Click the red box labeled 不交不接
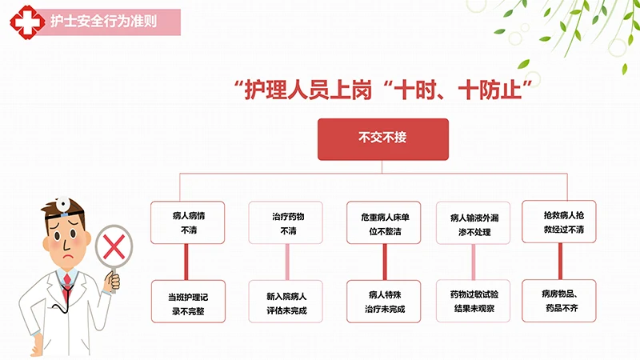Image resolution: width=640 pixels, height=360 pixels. pos(383,139)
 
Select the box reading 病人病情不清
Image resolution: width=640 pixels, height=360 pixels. pos(188,222)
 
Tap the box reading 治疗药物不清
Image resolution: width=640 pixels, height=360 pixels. pos(286,222)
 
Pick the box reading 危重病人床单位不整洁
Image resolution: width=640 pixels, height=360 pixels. pos(384,222)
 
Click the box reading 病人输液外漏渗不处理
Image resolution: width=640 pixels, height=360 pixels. pos(473,223)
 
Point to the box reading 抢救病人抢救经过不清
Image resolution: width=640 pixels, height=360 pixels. pos(559,222)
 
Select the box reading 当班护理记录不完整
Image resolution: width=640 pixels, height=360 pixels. pos(188,302)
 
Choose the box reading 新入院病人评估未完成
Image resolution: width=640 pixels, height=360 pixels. pos(286,302)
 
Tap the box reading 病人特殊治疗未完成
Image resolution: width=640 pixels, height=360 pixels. pos(384,302)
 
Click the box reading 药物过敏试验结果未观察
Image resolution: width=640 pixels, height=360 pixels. pos(473,302)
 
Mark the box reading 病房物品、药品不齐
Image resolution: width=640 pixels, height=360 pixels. pos(559,301)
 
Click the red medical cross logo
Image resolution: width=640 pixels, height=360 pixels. pos(27,22)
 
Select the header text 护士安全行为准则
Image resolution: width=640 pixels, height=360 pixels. pos(104,22)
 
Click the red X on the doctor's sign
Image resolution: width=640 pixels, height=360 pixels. pos(114,247)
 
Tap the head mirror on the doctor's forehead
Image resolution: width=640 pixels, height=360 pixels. pos(63,203)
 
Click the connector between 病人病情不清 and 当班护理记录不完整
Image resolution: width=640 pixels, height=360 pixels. pos(186,262)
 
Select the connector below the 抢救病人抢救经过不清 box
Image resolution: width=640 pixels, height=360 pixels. pos(560,262)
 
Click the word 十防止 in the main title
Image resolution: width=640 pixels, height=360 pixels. pos(490,90)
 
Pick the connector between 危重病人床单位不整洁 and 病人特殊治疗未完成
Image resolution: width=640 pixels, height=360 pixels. pos(385,262)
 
